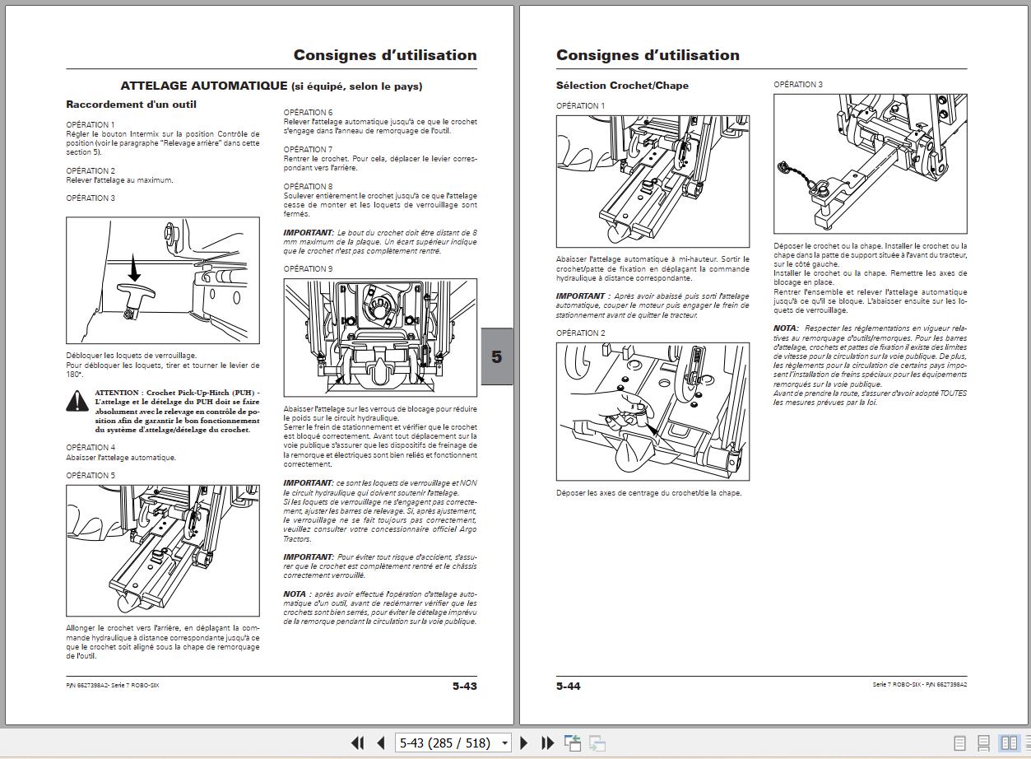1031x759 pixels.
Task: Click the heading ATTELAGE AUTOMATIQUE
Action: [203, 86]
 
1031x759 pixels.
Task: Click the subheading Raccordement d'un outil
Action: [131, 105]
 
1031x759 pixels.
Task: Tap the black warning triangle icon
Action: [77, 401]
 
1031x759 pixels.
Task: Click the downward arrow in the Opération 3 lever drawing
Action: [135, 268]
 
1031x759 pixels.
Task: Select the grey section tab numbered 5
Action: [496, 356]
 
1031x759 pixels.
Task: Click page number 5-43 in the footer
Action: [464, 686]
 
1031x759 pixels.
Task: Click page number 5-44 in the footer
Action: [569, 686]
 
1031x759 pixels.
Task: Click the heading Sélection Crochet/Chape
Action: [622, 86]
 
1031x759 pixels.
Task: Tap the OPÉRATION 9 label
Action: [308, 269]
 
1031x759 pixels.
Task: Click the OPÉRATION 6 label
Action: [308, 112]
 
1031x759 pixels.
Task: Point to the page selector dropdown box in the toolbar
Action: [453, 743]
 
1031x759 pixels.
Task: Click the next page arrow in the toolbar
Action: [524, 743]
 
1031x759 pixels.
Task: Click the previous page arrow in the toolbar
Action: [380, 743]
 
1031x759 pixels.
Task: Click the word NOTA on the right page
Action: [785, 328]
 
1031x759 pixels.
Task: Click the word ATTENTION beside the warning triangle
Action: [118, 393]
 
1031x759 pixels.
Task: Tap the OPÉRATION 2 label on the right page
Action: [580, 333]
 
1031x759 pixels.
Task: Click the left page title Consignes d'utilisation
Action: [385, 55]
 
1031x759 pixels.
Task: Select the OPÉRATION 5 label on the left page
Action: [91, 476]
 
